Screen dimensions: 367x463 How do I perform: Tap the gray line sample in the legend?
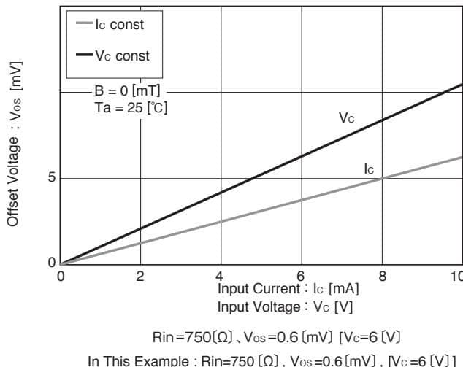pos(83,24)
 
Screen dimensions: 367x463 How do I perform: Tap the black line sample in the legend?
pos(83,56)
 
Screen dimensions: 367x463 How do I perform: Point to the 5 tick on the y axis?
pos(52,178)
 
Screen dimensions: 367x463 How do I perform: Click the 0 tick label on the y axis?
pos(52,263)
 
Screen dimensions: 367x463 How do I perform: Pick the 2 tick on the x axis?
pos(140,276)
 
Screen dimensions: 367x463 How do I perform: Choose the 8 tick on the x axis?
pos(381,276)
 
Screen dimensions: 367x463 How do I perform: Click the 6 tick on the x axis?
pos(301,276)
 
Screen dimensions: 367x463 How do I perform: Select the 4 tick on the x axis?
pos(221,276)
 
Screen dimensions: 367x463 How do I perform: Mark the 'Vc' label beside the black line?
pos(347,117)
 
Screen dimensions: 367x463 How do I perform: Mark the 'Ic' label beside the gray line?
pos(369,169)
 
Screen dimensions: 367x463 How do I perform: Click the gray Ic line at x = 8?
pos(381,179)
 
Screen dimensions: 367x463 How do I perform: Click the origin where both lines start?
pos(61,263)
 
